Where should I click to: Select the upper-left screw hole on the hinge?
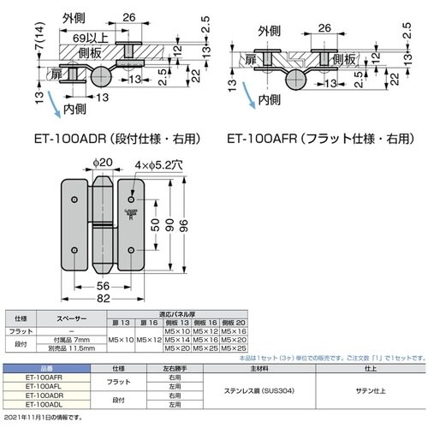pos(76,199)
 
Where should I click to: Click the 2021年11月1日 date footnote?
pos(43,415)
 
